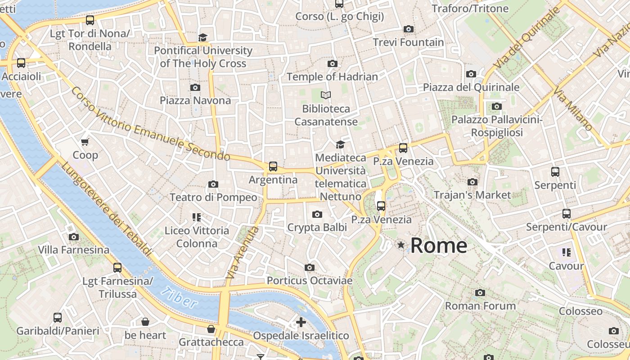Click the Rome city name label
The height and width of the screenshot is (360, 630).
click(x=439, y=246)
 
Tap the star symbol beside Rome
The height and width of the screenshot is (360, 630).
click(x=400, y=245)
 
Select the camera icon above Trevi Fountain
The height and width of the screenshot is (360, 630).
click(x=409, y=29)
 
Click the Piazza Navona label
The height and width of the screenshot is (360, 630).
click(x=195, y=100)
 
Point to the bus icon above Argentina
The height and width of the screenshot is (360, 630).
click(x=273, y=166)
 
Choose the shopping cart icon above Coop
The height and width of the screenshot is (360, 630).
click(x=85, y=142)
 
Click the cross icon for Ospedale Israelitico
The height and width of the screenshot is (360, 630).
click(x=301, y=322)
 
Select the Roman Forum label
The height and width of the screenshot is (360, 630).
click(x=480, y=306)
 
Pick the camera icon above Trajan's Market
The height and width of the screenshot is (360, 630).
click(x=472, y=182)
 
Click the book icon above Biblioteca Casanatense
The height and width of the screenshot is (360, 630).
click(x=326, y=95)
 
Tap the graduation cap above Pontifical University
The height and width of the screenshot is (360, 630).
click(x=203, y=37)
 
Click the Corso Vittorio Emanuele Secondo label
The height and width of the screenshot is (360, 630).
click(x=150, y=124)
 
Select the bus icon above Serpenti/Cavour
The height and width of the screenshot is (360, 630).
click(x=567, y=214)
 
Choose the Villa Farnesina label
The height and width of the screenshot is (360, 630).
click(x=73, y=250)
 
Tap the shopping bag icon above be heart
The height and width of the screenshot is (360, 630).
click(x=145, y=322)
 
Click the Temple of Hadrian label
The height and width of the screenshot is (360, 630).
click(x=332, y=76)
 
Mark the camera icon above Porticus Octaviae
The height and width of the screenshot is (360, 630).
click(x=309, y=268)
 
